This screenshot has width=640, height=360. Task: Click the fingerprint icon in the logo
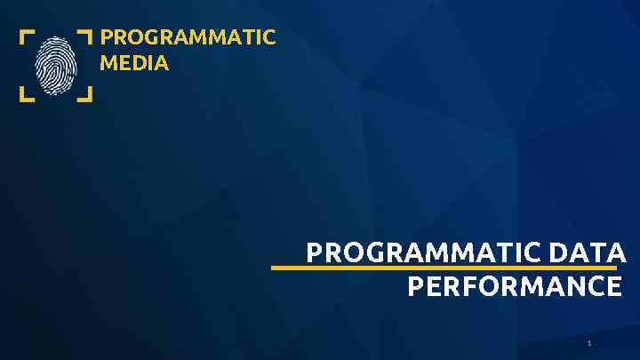click(x=56, y=64)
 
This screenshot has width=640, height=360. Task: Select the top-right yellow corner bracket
click(x=85, y=36)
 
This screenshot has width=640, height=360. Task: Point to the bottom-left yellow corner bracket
click(x=27, y=94)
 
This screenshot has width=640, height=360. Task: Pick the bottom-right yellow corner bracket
click(x=85, y=94)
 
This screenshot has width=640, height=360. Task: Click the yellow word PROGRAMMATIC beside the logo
click(x=188, y=38)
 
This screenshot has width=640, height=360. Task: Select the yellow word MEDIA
click(x=134, y=64)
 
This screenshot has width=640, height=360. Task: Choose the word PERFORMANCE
click(x=515, y=287)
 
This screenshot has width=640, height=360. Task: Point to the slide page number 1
click(x=588, y=343)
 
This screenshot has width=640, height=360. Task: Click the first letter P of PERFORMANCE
click(x=414, y=287)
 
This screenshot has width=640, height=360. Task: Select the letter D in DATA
click(x=559, y=253)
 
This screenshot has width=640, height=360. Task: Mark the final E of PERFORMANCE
click(x=614, y=287)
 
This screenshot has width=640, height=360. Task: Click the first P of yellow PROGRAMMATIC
click(x=107, y=38)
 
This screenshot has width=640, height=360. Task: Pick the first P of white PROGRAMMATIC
click(x=314, y=253)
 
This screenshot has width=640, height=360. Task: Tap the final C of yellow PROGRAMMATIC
click(x=269, y=38)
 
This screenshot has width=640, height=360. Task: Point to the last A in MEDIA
click(x=161, y=64)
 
